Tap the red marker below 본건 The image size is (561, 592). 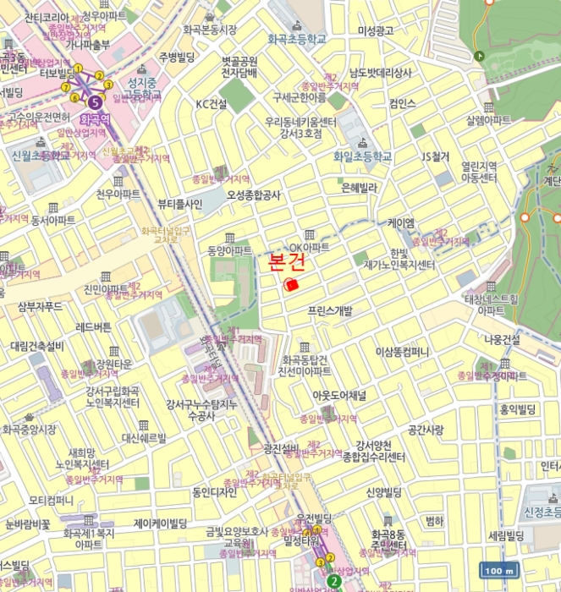[292, 285]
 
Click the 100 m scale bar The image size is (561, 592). [498, 570]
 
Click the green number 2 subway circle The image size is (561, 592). [334, 581]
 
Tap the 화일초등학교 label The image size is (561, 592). [362, 156]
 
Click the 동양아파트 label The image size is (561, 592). [229, 251]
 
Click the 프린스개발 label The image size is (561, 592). [330, 311]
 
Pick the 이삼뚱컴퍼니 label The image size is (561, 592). [403, 351]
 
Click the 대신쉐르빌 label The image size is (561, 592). [144, 438]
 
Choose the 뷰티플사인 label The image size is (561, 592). [179, 204]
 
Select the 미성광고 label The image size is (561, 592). [376, 30]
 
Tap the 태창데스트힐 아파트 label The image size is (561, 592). [491, 304]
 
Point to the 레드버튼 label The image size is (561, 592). [93, 326]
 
